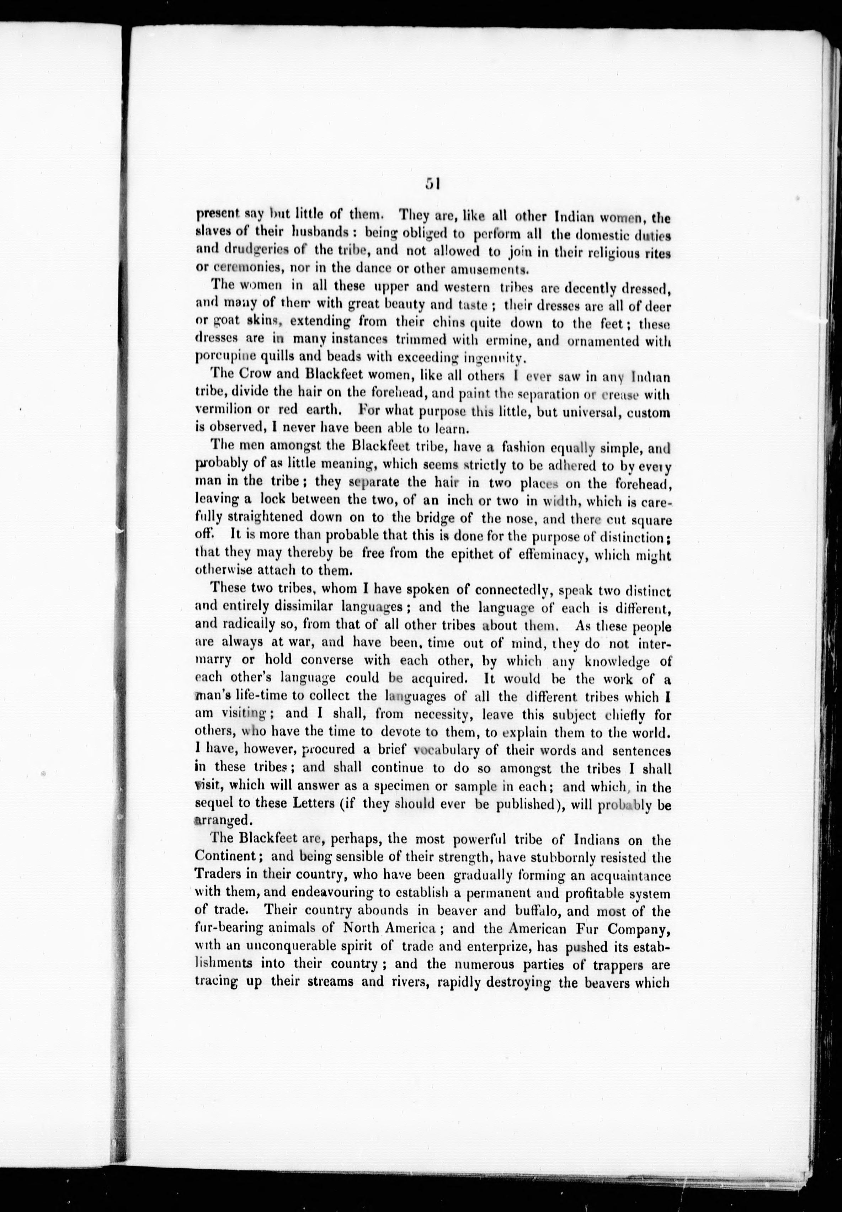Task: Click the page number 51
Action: [432, 183]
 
